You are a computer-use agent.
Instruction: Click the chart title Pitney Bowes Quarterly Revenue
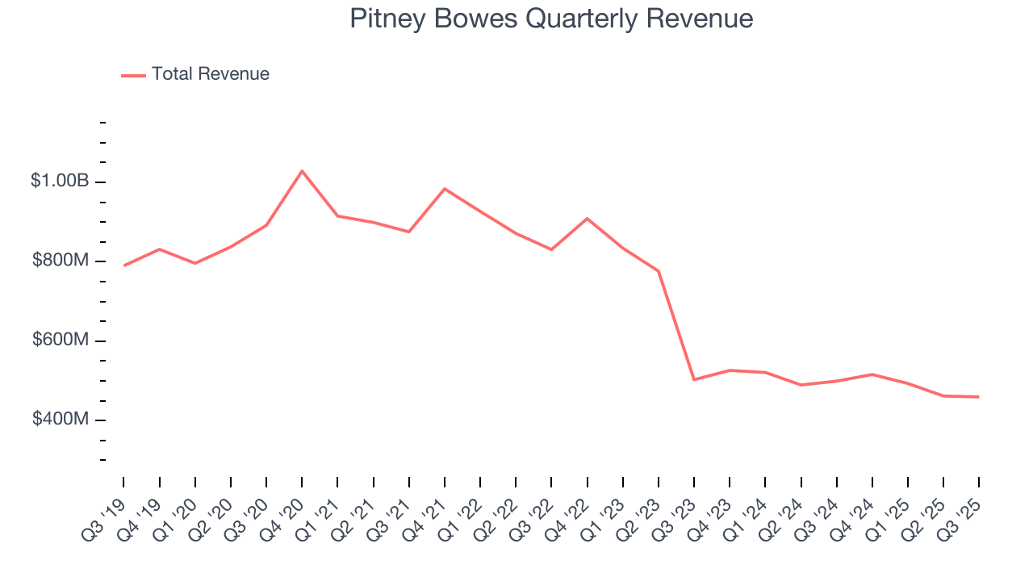click(x=551, y=19)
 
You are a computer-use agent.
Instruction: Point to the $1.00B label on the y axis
click(x=60, y=181)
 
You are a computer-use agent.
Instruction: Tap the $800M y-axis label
click(x=60, y=261)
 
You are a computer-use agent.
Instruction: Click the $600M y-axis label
click(x=60, y=340)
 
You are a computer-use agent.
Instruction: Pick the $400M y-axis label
click(x=60, y=420)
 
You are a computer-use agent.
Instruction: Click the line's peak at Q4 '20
click(x=302, y=171)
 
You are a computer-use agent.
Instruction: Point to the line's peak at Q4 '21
click(x=445, y=189)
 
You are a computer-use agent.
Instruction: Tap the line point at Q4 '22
click(x=588, y=219)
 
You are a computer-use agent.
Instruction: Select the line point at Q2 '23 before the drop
click(x=659, y=271)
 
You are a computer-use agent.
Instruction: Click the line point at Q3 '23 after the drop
click(x=694, y=379)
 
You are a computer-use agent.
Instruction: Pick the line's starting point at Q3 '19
click(x=124, y=265)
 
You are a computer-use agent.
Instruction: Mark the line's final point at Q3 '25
click(x=979, y=397)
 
